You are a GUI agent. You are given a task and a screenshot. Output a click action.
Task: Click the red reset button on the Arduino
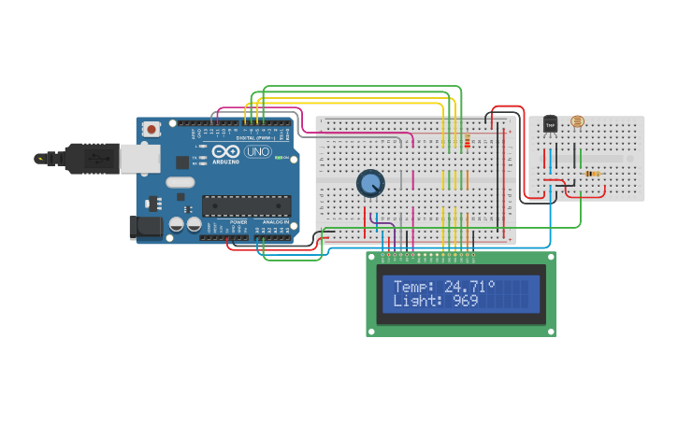(x=149, y=131)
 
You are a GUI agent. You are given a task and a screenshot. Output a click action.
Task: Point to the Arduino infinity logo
(x=225, y=151)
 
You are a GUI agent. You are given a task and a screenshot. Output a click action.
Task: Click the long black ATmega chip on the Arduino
(x=246, y=205)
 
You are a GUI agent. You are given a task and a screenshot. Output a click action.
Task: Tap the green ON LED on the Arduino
(x=278, y=157)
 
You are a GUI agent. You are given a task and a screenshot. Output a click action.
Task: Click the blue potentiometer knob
(x=370, y=183)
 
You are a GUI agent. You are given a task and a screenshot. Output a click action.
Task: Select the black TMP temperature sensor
(x=550, y=124)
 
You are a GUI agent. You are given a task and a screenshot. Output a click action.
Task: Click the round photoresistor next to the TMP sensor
(x=577, y=121)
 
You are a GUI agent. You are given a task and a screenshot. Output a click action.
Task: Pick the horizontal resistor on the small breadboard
(x=591, y=174)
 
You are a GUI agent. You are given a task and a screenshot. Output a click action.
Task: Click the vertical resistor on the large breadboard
(x=467, y=141)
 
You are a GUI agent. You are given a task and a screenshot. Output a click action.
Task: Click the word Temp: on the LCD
(x=414, y=286)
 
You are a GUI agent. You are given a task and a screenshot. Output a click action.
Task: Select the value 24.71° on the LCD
(x=469, y=286)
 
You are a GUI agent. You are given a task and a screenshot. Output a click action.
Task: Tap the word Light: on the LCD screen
(x=418, y=301)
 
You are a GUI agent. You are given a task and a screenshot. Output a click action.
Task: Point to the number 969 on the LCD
(x=465, y=301)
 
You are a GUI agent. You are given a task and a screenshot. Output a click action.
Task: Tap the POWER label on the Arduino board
(x=238, y=222)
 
